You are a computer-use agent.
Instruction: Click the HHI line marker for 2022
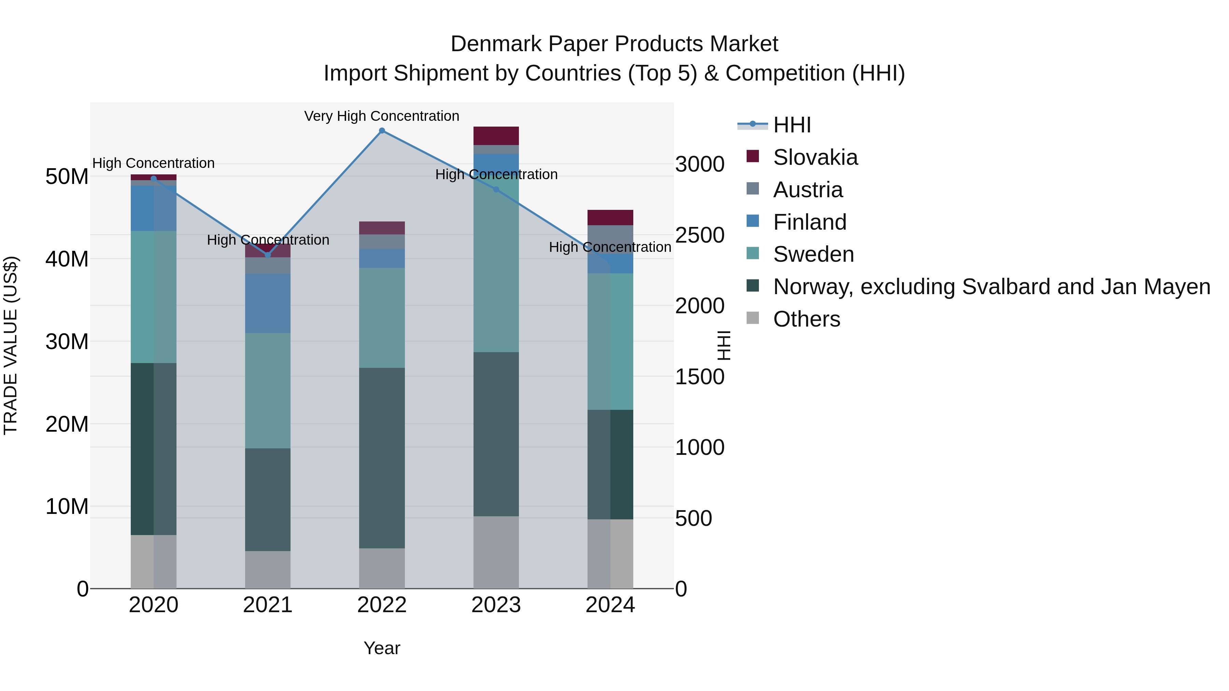click(382, 131)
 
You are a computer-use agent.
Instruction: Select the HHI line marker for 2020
click(154, 179)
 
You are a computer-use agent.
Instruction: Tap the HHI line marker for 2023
click(496, 190)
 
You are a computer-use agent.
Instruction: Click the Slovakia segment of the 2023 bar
click(496, 136)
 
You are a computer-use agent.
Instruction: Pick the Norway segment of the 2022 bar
click(382, 458)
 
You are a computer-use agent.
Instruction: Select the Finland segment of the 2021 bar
click(268, 303)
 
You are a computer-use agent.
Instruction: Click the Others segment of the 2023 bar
click(496, 552)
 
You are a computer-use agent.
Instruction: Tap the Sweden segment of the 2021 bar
click(268, 391)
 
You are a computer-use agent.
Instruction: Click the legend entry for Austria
click(808, 190)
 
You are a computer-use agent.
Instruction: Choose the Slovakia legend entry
click(815, 157)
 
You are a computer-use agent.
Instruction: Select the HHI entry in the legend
click(792, 125)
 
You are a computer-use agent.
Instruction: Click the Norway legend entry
click(991, 287)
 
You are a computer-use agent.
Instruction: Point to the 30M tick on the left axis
click(67, 342)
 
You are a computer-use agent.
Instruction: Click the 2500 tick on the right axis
click(700, 235)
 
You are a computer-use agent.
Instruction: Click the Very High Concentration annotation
click(382, 116)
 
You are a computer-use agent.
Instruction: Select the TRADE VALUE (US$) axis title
click(11, 345)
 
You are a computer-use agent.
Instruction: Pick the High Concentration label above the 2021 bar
click(268, 240)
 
